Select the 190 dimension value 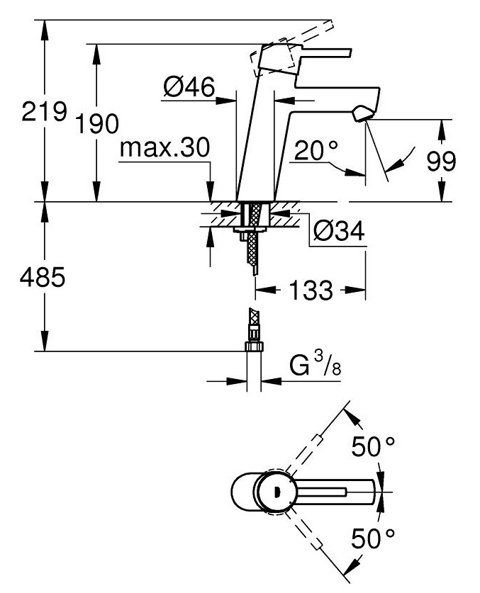(97, 123)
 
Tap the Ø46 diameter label (189, 86)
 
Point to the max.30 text (164, 147)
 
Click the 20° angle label (316, 149)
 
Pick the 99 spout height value (442, 161)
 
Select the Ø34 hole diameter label (339, 230)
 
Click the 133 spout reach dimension (311, 290)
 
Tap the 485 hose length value (43, 277)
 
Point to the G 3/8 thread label (315, 365)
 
